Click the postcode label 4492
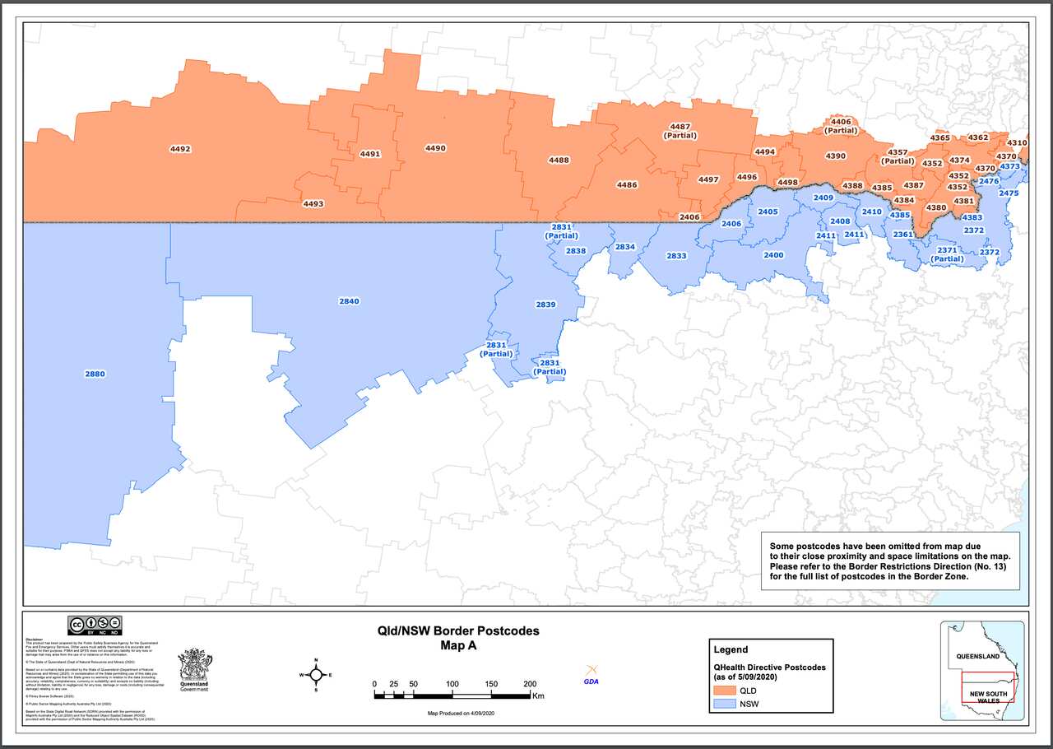click(179, 149)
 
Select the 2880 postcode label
click(95, 374)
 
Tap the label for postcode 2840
click(349, 301)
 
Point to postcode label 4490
click(435, 148)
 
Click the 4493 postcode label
click(313, 203)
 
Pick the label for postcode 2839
click(545, 305)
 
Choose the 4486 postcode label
click(627, 185)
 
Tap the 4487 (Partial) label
click(680, 131)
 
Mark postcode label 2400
click(773, 255)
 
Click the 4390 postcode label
click(835, 156)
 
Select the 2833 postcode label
click(676, 256)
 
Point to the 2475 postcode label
click(1009, 193)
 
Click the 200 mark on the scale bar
click(530, 684)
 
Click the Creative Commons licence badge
click(95, 623)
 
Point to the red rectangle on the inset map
click(987, 686)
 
